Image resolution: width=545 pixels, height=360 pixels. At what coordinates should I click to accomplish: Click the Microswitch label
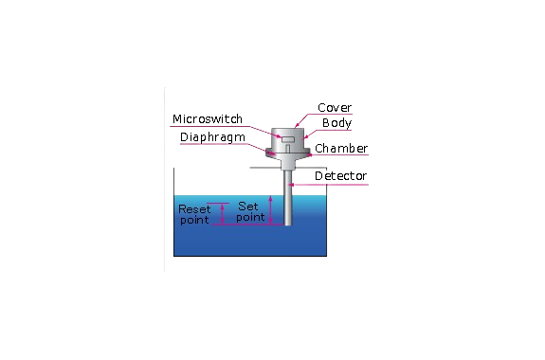[x=208, y=119]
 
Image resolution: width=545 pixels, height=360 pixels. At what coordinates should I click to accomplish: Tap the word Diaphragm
[x=212, y=137]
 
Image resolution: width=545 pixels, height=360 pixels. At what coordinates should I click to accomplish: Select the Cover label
[x=335, y=108]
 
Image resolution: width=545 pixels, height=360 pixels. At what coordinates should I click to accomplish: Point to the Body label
[x=336, y=123]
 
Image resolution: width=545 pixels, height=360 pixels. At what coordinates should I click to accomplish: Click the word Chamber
[x=341, y=149]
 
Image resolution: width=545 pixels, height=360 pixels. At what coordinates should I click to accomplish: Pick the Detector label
[x=340, y=176]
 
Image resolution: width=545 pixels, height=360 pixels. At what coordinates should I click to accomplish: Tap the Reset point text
[x=194, y=214]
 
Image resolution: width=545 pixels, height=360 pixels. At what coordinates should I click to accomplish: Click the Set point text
[x=250, y=211]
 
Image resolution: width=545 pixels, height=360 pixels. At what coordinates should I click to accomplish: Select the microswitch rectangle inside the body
[x=288, y=139]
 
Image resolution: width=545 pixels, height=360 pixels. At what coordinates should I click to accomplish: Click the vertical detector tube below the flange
[x=288, y=197]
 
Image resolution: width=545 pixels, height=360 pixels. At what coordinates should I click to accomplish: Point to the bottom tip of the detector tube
[x=288, y=225]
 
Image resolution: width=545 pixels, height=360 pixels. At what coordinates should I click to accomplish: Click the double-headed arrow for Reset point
[x=223, y=214]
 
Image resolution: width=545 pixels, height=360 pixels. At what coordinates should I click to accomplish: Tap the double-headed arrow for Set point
[x=271, y=210]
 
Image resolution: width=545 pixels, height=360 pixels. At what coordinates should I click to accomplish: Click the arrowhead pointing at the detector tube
[x=291, y=185]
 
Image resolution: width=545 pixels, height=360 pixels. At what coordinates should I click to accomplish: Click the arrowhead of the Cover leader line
[x=296, y=126]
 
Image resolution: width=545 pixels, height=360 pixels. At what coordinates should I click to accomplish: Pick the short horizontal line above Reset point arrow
[x=218, y=204]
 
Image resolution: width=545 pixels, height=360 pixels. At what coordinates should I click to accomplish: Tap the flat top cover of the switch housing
[x=288, y=129]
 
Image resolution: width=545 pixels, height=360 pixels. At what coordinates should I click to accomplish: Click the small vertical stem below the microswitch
[x=288, y=149]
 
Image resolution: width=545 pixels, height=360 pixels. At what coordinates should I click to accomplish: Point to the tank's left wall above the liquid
[x=173, y=181]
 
